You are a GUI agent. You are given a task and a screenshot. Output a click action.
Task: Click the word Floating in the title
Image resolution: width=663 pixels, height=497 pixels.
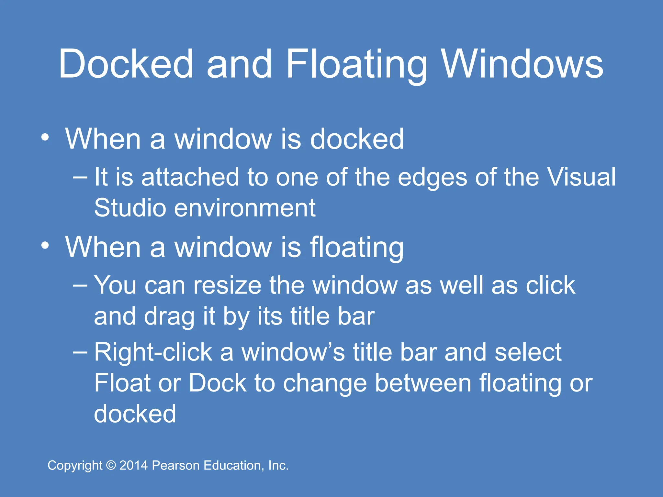pos(356,65)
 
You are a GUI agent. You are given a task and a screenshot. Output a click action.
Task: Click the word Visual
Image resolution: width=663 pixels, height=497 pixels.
pos(581,177)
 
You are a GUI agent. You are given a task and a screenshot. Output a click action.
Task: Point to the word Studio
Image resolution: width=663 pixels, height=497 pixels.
pos(130,208)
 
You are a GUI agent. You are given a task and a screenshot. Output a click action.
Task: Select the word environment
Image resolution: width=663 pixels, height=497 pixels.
pos(245,208)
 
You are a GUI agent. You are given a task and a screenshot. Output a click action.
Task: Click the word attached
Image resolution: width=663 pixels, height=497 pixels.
pos(190,177)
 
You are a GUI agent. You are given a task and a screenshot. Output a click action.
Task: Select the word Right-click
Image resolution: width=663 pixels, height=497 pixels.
pos(153,352)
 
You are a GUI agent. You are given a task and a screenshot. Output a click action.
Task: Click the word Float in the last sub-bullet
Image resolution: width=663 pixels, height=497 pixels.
pos(122,383)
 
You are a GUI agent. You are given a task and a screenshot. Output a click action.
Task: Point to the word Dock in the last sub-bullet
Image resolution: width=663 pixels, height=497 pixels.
pos(218,383)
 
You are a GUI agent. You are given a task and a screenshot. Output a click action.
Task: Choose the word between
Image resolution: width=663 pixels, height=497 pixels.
pos(423,383)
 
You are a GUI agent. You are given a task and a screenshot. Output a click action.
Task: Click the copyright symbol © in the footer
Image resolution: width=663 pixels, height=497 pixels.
pos(111,466)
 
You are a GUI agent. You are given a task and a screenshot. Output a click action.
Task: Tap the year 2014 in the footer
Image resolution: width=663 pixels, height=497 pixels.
pos(134,466)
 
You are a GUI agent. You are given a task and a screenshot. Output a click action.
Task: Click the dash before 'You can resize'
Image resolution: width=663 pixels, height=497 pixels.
pos(80,285)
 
